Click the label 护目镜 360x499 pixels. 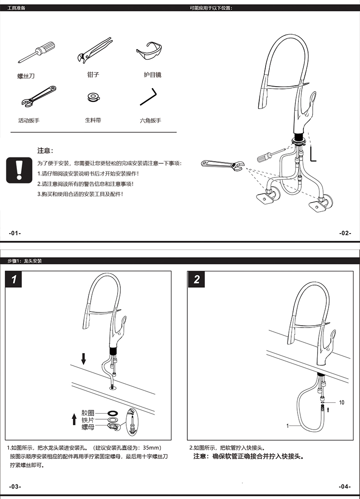point(152,75)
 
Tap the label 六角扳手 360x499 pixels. point(150,121)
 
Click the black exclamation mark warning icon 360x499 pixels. point(19,170)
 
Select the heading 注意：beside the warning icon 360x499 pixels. point(45,151)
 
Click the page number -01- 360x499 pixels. point(15,233)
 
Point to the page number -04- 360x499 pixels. point(345,487)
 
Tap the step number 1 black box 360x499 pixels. point(15,279)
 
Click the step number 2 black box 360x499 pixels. point(197,279)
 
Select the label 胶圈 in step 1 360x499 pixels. point(88,413)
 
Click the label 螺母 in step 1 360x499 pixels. point(88,426)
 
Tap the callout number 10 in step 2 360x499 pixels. point(342,402)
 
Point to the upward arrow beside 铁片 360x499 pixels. point(74,419)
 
